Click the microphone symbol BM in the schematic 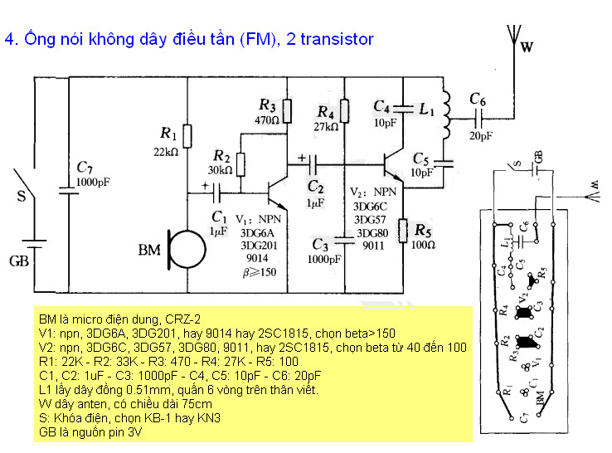tap(185, 248)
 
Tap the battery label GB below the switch tap(19, 262)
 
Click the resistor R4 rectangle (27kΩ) tap(346, 110)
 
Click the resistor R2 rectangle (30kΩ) tap(240, 164)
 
